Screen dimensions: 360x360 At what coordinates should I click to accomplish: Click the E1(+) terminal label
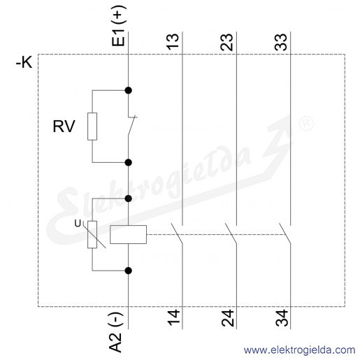pos(119,25)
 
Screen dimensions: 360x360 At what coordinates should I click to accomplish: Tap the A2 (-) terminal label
pos(115,332)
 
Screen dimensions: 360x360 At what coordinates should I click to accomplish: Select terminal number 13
pos(173,41)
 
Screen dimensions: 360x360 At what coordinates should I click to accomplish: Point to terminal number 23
pos(226,42)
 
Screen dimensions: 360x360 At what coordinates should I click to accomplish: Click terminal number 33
pos(281,42)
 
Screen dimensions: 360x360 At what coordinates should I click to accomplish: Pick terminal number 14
pos(173,317)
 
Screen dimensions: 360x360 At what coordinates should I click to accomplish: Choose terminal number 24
pos(227,318)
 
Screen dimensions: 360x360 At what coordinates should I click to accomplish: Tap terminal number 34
pos(282,318)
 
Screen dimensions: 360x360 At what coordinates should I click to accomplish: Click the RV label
pos(64,127)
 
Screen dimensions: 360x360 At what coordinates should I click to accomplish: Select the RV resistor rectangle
pos(92,127)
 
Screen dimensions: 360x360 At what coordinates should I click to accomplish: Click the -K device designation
pos(24,63)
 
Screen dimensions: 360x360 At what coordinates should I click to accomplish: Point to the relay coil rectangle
pos(128,234)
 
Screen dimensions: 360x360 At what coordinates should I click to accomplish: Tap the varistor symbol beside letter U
pos(92,235)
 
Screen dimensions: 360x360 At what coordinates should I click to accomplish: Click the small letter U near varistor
pos(78,224)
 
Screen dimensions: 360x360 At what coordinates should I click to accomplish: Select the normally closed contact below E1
pos(132,126)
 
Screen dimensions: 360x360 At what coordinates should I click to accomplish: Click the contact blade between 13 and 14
pos(177,233)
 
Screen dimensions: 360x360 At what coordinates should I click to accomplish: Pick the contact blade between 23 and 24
pos(231,233)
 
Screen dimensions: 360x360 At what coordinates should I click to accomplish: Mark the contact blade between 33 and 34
pos(285,233)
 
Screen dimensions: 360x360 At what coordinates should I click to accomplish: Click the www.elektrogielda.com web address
pos(299,350)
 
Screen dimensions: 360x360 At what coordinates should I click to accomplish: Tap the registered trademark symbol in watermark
pos(306,123)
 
